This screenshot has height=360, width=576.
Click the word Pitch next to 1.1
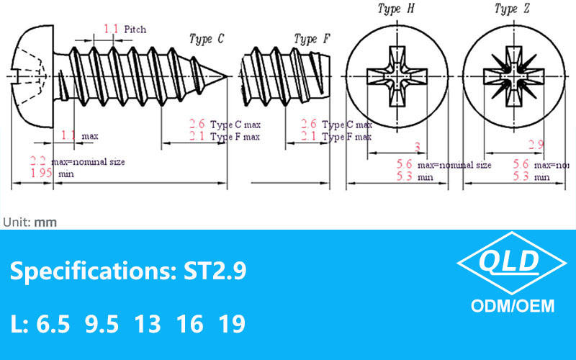click(x=135, y=30)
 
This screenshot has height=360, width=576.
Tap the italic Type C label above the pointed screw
click(x=206, y=39)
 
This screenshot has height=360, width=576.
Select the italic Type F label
click(x=312, y=39)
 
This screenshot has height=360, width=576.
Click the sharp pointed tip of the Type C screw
click(x=227, y=77)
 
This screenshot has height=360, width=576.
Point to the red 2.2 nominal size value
click(x=38, y=161)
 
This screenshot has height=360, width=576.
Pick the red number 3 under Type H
click(x=416, y=147)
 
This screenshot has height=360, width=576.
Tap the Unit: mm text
click(x=30, y=222)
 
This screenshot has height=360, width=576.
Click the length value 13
click(x=148, y=324)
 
